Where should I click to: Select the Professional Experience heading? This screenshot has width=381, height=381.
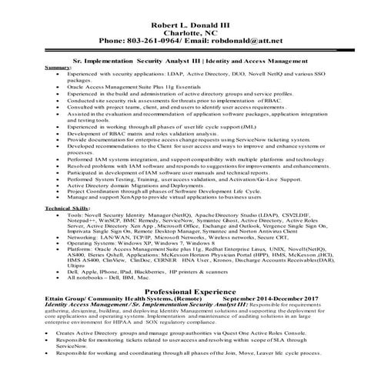coord(190,292)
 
